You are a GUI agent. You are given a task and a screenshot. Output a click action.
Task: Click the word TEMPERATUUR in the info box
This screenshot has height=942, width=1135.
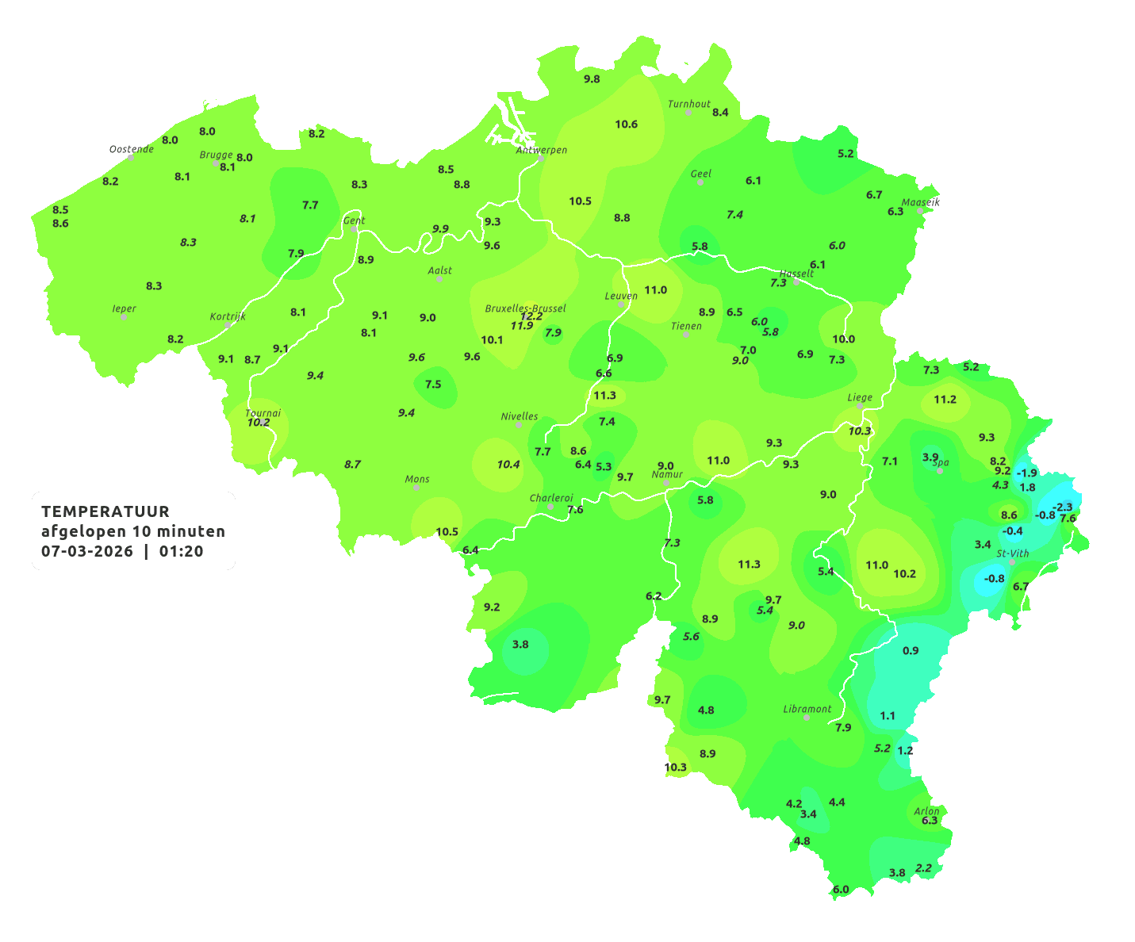105,511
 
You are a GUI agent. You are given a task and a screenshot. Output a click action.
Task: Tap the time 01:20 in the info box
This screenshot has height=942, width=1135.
181,551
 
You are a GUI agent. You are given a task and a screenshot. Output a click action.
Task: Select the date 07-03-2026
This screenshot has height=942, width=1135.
87,551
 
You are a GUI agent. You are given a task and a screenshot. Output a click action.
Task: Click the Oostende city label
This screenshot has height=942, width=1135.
131,149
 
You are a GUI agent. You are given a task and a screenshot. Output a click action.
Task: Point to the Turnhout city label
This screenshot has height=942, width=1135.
688,104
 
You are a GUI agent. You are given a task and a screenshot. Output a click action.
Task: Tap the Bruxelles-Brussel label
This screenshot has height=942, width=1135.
525,308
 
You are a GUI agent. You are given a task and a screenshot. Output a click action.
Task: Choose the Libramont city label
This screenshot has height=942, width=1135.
807,709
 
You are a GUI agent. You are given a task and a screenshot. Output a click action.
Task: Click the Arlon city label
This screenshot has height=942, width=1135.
926,810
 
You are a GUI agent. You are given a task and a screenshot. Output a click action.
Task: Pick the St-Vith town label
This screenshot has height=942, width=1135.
1012,553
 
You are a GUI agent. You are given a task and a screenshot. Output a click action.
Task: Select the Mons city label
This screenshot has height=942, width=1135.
416,479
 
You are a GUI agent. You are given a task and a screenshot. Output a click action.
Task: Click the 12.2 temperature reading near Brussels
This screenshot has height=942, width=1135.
531,316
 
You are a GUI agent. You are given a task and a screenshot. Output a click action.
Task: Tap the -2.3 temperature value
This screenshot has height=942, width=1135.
1061,507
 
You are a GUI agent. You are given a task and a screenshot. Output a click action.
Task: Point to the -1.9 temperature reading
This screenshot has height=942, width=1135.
1026,473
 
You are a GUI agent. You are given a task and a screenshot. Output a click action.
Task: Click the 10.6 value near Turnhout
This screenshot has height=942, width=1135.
626,124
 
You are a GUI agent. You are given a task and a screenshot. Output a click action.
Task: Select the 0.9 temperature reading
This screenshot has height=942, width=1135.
911,650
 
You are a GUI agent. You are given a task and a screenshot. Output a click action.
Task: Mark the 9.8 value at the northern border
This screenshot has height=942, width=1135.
592,78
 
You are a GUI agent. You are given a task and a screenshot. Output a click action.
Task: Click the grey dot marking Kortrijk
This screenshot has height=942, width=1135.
228,325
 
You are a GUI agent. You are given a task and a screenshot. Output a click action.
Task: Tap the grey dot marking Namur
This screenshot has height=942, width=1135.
666,483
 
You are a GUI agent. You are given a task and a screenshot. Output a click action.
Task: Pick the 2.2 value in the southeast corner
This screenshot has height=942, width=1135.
923,868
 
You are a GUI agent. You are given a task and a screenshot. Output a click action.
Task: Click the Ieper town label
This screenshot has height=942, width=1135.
124,308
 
